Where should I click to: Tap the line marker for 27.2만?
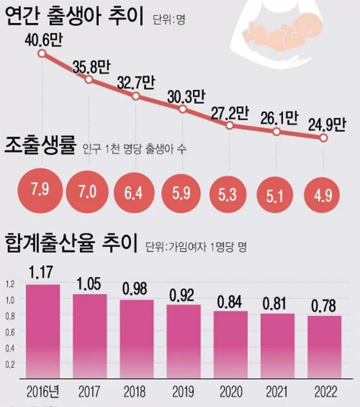[230, 125]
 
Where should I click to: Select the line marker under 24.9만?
[324, 138]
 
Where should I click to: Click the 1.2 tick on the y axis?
[10, 283]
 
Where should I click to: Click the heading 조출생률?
[40, 148]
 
